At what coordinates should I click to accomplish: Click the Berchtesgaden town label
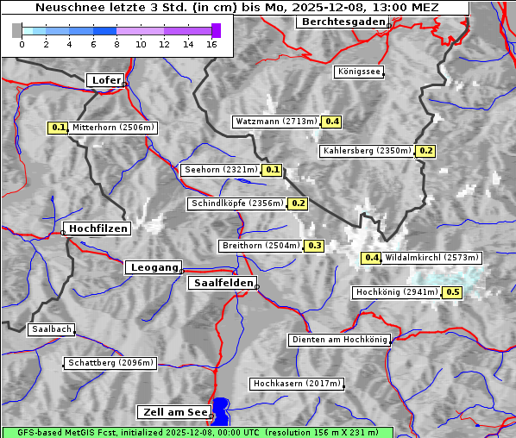click(342, 22)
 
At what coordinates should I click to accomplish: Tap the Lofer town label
click(105, 80)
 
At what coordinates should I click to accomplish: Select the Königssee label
click(358, 72)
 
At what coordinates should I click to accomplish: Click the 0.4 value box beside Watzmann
click(331, 122)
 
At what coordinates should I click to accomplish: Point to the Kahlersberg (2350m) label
click(367, 151)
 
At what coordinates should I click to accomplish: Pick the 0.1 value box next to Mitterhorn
click(57, 128)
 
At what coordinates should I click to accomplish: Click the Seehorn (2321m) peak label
click(221, 170)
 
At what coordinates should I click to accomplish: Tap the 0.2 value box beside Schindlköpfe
click(298, 203)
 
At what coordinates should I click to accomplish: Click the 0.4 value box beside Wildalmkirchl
click(371, 258)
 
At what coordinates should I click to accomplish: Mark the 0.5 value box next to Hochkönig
click(452, 292)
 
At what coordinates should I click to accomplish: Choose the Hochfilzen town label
click(98, 228)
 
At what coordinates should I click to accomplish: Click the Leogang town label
click(154, 267)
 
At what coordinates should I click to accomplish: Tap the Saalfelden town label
click(222, 283)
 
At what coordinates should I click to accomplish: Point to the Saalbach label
click(50, 329)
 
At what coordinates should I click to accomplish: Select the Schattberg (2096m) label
click(110, 363)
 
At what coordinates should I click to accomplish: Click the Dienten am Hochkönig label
click(339, 341)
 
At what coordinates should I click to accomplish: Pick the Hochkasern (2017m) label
click(297, 383)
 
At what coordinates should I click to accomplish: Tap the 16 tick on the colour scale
click(211, 44)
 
